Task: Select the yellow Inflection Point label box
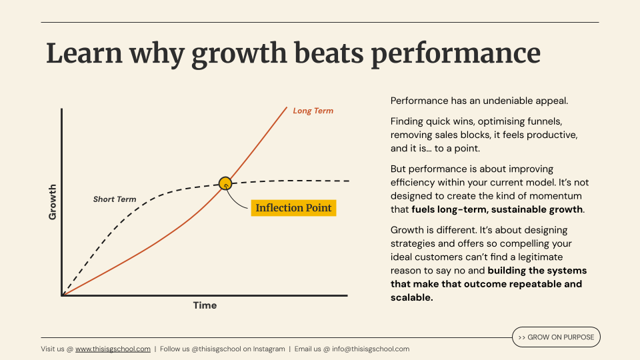(x=293, y=208)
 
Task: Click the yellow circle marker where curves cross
(x=225, y=183)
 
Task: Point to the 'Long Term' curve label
(x=313, y=111)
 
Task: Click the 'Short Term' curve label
(x=115, y=199)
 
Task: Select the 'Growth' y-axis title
(x=53, y=203)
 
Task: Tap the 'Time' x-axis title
(x=205, y=305)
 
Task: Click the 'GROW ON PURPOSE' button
(x=556, y=337)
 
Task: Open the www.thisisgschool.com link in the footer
(x=113, y=349)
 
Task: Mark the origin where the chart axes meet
(x=62, y=295)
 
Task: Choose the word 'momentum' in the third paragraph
(x=555, y=196)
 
